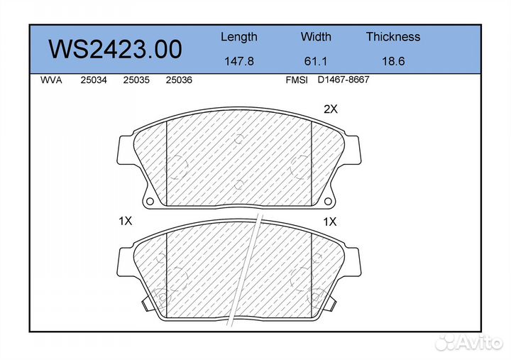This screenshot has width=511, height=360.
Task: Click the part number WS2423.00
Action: pyautogui.click(x=115, y=49)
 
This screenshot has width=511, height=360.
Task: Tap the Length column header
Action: pyautogui.click(x=239, y=37)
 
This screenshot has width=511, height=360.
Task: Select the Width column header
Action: pyautogui.click(x=316, y=36)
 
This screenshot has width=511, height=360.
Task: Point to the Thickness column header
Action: pyautogui.click(x=393, y=36)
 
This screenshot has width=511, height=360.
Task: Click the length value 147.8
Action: pyautogui.click(x=239, y=61)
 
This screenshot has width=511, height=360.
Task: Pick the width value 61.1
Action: pyautogui.click(x=315, y=61)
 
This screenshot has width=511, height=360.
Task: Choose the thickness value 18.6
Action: pyautogui.click(x=393, y=61)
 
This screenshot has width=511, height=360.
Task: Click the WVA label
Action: pyautogui.click(x=51, y=80)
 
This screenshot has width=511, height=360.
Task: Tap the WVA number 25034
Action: pyautogui.click(x=94, y=80)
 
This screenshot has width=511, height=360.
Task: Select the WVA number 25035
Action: pyautogui.click(x=136, y=80)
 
